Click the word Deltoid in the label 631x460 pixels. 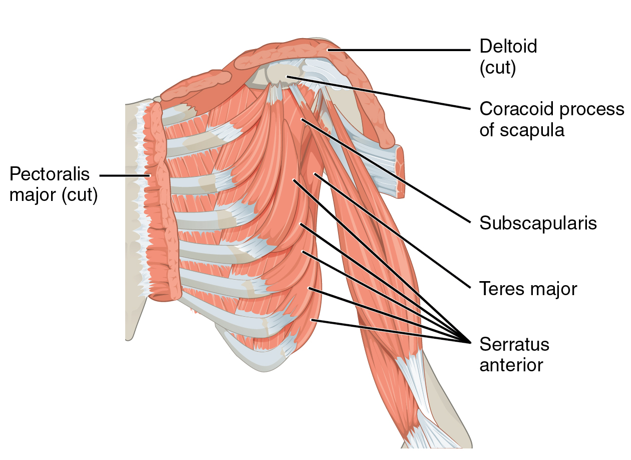coord(508,47)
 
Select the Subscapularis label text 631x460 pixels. coord(538,223)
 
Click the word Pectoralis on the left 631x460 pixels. coord(50,174)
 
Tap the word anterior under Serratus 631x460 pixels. coord(511,365)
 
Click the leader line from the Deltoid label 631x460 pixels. coord(401,50)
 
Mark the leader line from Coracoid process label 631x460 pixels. coord(381,93)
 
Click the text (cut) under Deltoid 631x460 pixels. coord(497,68)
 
